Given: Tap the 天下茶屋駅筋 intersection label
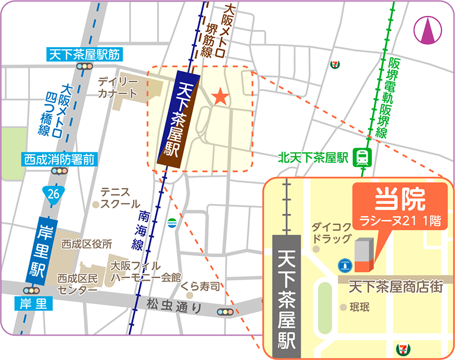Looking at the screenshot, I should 84,55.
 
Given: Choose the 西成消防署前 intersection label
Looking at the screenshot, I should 58,159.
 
